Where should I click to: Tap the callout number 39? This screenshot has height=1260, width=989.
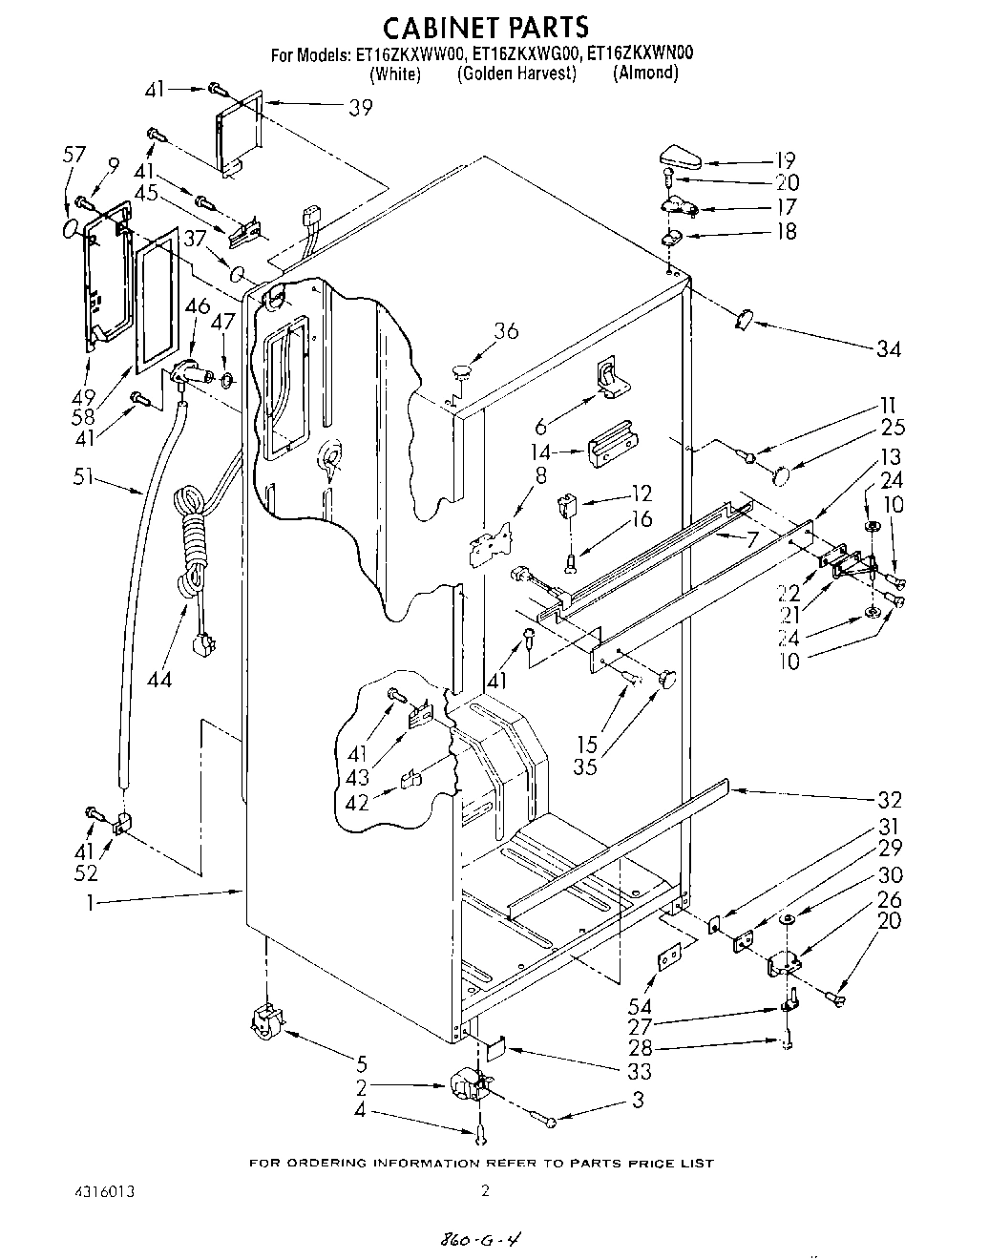[360, 108]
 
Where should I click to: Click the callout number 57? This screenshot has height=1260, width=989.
[74, 155]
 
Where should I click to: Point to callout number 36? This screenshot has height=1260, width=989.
[506, 331]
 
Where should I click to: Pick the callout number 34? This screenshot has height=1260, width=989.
[889, 349]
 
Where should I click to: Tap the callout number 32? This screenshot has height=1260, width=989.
[890, 800]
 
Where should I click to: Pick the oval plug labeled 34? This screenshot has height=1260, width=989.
[743, 320]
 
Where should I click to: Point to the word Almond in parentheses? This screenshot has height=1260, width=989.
[645, 73]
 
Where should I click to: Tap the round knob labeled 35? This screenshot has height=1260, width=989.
[664, 679]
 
